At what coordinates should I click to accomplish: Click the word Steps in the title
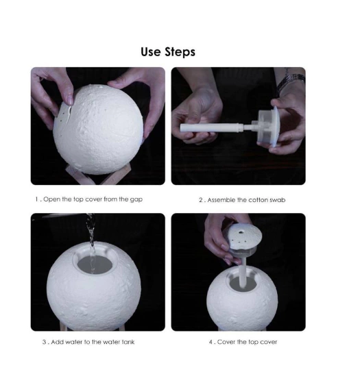point(180,52)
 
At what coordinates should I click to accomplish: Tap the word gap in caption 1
point(136,199)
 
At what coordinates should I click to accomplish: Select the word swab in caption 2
point(278,200)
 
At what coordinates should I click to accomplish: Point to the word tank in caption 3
point(128,342)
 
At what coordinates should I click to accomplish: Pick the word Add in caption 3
point(57,342)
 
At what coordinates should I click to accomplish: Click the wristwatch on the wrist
point(291,81)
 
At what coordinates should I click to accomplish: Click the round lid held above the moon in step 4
point(244,236)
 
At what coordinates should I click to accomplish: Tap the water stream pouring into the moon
point(91,243)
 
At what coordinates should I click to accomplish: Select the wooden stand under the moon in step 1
point(96,175)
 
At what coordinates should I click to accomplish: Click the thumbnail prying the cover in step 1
point(70,100)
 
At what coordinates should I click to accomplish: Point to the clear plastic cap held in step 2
point(268,127)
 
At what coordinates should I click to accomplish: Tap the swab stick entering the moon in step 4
point(242,272)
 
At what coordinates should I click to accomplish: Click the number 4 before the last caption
point(211,342)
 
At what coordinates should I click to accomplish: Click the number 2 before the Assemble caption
point(201,200)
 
